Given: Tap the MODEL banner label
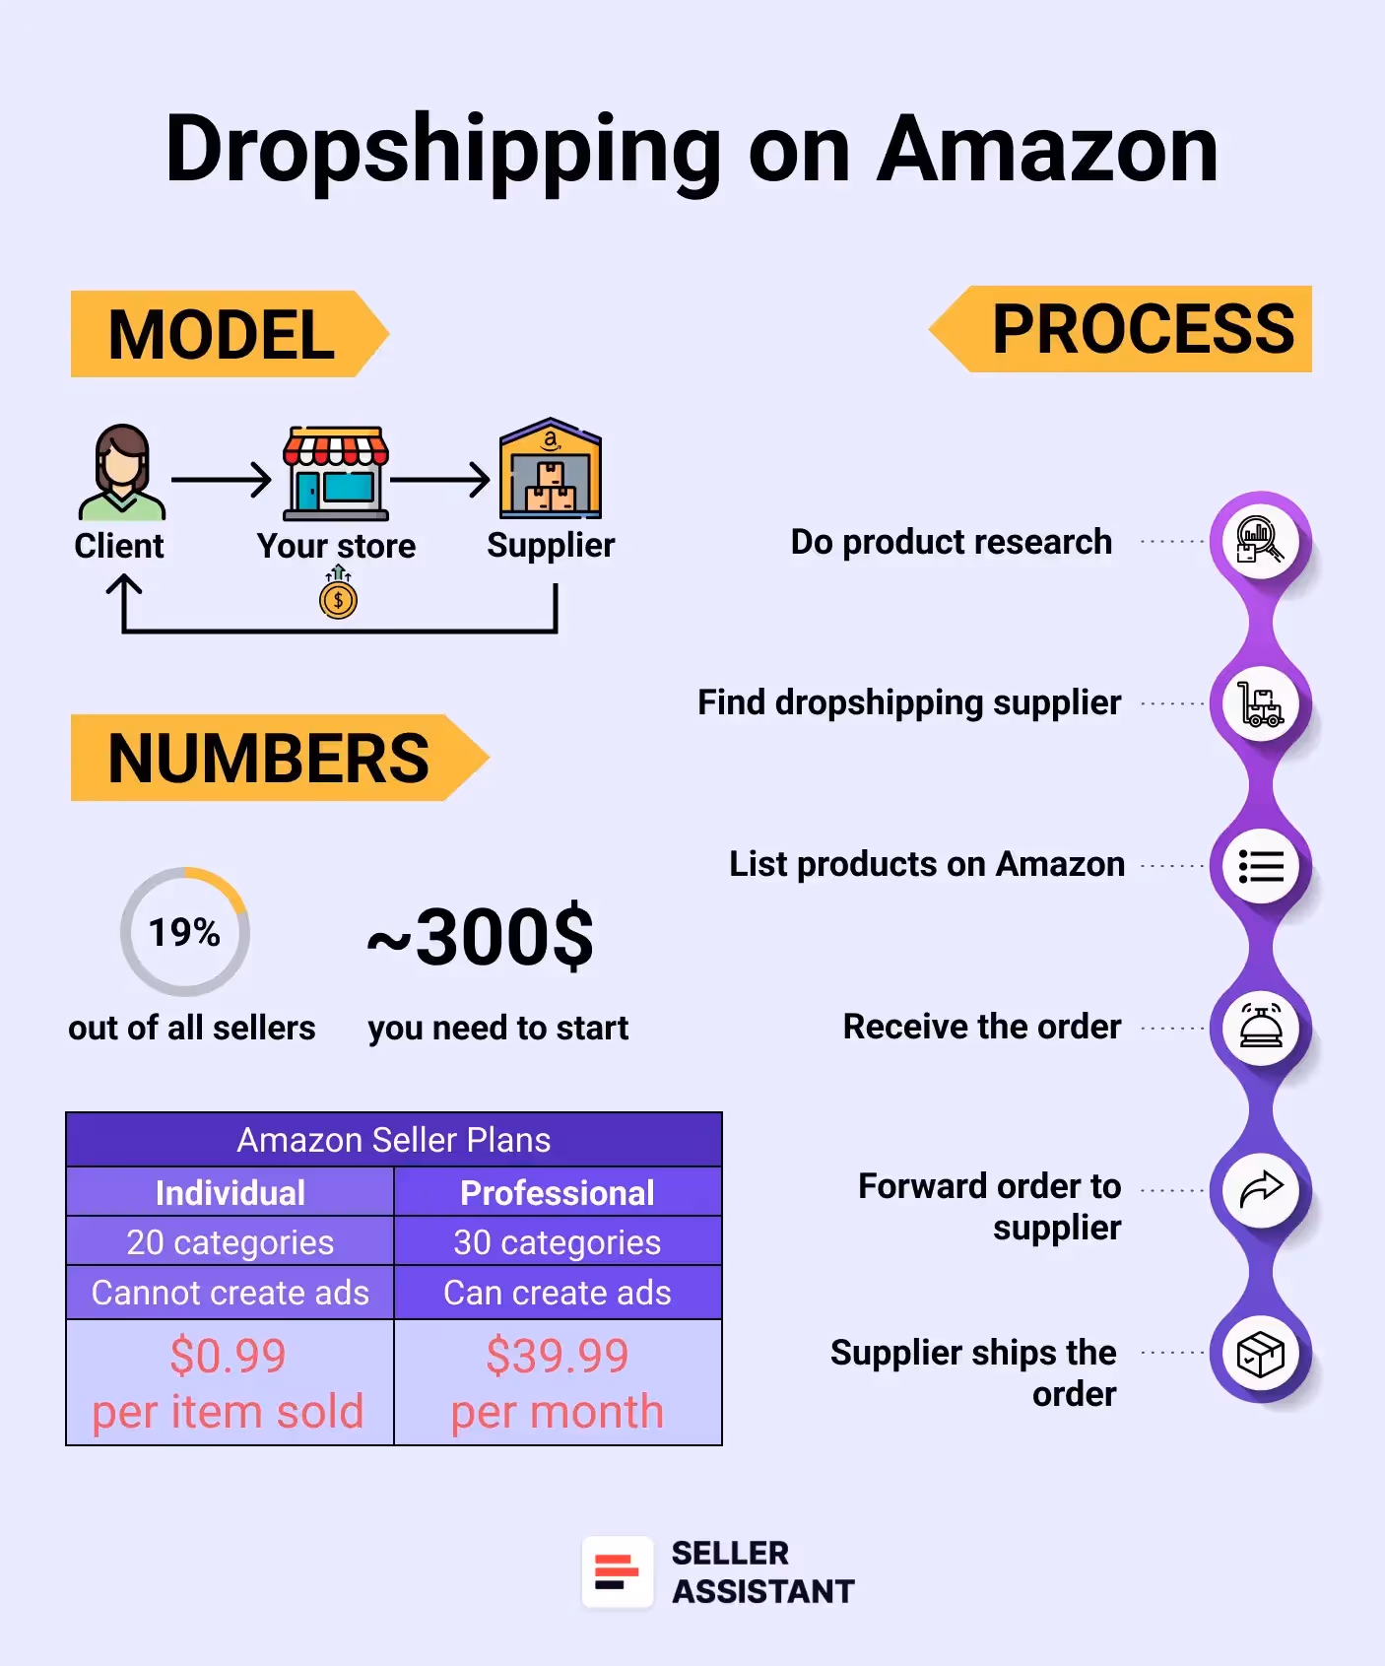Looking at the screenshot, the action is tap(222, 335).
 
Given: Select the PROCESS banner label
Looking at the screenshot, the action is tap(1143, 329).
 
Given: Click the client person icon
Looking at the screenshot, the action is tap(121, 473).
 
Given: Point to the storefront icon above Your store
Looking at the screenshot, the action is tap(336, 474).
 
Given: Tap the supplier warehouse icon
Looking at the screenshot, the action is tap(551, 470).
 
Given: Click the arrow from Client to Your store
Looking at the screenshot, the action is tap(221, 480).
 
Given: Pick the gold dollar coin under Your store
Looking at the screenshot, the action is tap(338, 598).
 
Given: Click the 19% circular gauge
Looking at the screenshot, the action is tap(184, 932).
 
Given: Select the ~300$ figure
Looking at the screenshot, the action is tap(481, 937).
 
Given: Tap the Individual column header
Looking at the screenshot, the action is tap(231, 1193).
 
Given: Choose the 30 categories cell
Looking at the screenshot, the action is tap(558, 1242).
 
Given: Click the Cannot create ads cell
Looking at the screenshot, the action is tap(231, 1293).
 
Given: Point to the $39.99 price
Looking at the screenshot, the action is tap(558, 1356).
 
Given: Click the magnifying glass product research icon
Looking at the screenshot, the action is tap(1261, 540).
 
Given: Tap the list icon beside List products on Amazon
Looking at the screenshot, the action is tap(1261, 867).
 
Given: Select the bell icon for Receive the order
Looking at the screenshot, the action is tap(1261, 1028).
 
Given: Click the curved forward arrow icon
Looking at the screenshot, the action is tap(1261, 1190).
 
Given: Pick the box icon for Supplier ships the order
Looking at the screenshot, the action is tap(1261, 1354).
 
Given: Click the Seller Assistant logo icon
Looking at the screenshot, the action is tap(618, 1572).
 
